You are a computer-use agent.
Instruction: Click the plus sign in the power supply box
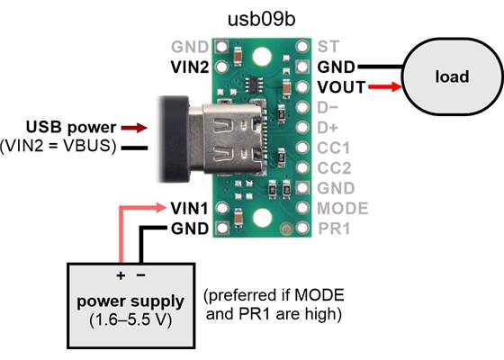(x=120, y=274)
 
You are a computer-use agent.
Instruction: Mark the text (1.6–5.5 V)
(x=131, y=319)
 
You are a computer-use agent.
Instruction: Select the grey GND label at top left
(x=190, y=45)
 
